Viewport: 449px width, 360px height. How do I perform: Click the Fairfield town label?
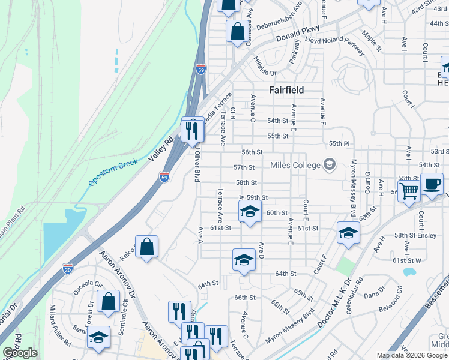coord(286,90)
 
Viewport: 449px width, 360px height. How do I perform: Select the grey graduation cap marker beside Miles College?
coord(329,164)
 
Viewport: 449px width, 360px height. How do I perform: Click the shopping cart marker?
coord(409,191)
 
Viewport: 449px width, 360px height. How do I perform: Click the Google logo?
coord(20,353)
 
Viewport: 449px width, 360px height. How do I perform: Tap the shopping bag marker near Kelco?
coord(147,246)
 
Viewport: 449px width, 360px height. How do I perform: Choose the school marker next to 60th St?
coord(250,211)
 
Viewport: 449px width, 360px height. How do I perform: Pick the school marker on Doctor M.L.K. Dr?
coord(348,233)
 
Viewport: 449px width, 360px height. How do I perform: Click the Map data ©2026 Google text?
coord(412,355)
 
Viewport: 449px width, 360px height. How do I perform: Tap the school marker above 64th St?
coord(244,259)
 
